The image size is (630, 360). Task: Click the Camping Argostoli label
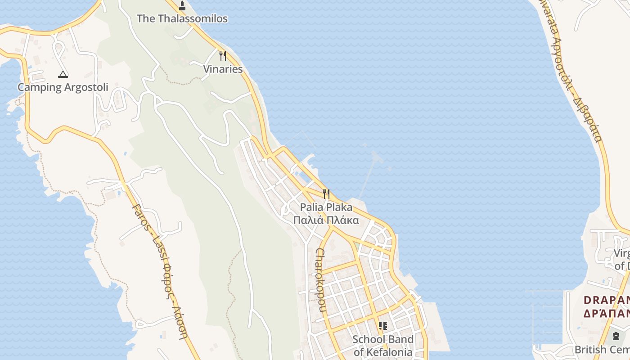tap(63, 87)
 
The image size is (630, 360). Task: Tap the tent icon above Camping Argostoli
tap(63, 74)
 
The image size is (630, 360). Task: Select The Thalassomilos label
tap(182, 18)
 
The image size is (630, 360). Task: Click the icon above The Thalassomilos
tap(182, 6)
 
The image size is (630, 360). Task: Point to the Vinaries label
tap(223, 69)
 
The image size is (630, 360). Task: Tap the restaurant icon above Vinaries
tap(223, 56)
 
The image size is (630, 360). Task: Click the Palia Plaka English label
tap(326, 207)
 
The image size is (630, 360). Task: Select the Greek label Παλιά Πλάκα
tap(326, 220)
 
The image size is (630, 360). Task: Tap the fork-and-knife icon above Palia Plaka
tap(326, 194)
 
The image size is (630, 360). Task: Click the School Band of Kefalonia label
tap(383, 346)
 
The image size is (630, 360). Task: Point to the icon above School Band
tap(383, 325)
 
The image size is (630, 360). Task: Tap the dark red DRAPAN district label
tap(607, 300)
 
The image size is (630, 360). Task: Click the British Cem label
tap(602, 350)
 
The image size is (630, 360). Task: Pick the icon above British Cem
tap(616, 336)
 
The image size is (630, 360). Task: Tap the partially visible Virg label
tap(621, 253)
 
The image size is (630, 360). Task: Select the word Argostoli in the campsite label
tap(86, 87)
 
